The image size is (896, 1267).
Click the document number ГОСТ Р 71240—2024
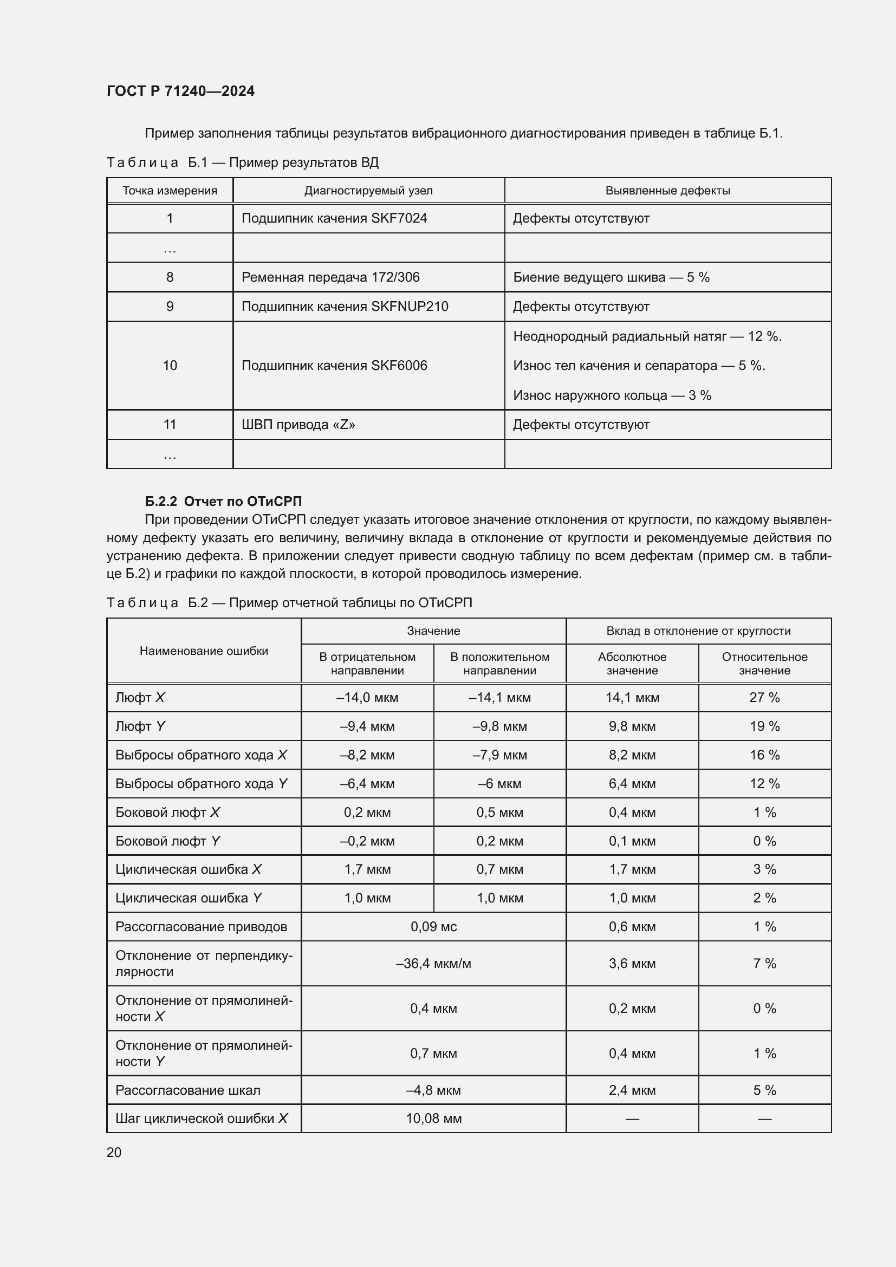180,91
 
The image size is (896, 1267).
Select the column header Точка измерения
170,190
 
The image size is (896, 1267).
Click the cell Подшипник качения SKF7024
334,218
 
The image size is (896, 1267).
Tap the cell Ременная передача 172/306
330,277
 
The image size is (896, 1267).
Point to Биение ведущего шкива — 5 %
611,277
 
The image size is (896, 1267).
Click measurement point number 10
170,365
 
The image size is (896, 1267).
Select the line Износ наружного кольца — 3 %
611,395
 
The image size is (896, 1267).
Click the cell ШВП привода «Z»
298,424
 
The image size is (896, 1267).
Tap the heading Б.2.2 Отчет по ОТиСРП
223,501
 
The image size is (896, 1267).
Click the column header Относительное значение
764,664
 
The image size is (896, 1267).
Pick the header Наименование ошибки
204,651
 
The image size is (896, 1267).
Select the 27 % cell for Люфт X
764,698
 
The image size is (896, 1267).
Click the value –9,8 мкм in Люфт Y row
499,726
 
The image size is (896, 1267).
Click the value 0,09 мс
433,926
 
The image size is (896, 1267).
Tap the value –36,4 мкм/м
433,964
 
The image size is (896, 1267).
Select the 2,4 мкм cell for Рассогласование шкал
632,1090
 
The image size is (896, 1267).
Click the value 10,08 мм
433,1119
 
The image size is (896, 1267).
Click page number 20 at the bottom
114,1152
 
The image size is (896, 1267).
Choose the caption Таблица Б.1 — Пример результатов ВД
242,163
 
